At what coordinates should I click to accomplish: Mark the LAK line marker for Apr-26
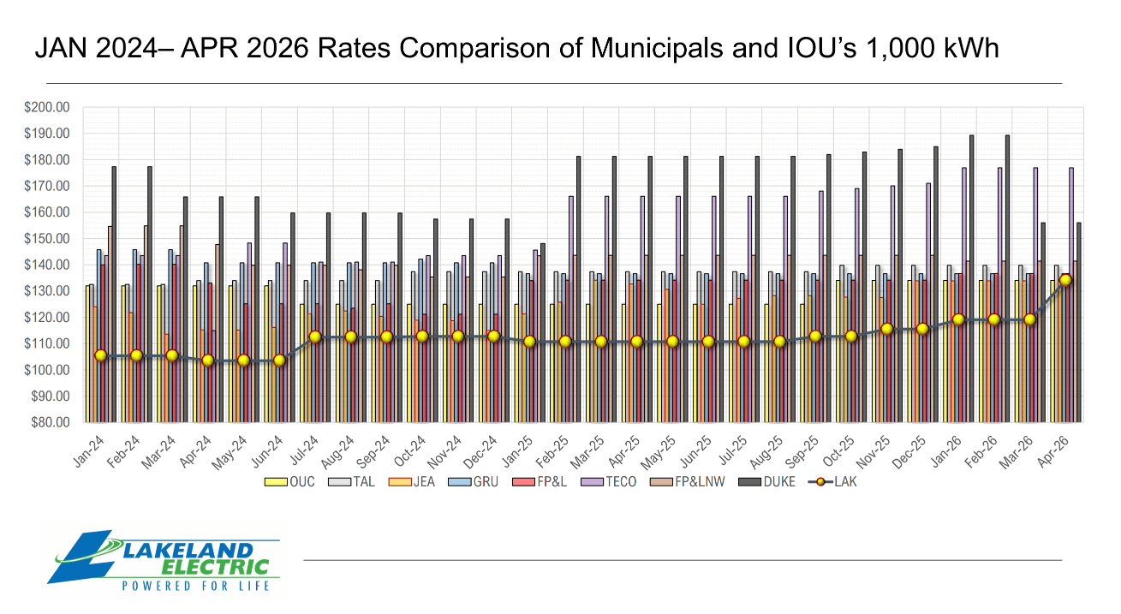coord(1065,280)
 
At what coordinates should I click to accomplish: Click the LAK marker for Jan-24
coord(100,355)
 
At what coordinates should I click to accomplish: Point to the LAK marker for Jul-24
coord(315,337)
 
